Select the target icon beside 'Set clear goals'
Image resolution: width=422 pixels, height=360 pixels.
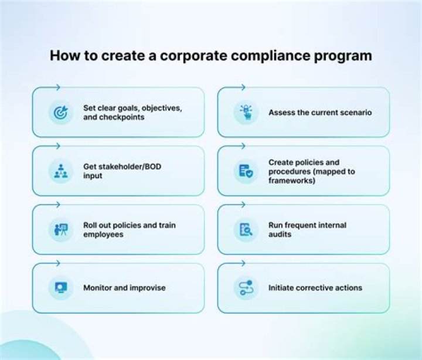61,112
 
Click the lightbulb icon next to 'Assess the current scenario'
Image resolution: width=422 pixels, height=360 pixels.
246,112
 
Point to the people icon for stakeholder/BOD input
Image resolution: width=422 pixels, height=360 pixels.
61,171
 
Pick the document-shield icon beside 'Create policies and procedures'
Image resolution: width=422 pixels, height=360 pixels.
246,171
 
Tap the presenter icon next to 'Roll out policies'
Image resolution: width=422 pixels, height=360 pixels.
61,229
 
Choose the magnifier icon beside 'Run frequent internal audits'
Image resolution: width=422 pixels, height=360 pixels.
246,229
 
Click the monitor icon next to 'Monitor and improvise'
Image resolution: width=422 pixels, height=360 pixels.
61,288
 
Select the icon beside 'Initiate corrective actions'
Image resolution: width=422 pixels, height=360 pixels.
246,288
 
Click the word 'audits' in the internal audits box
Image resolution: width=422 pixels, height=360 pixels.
280,234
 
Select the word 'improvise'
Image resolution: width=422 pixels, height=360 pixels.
147,288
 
